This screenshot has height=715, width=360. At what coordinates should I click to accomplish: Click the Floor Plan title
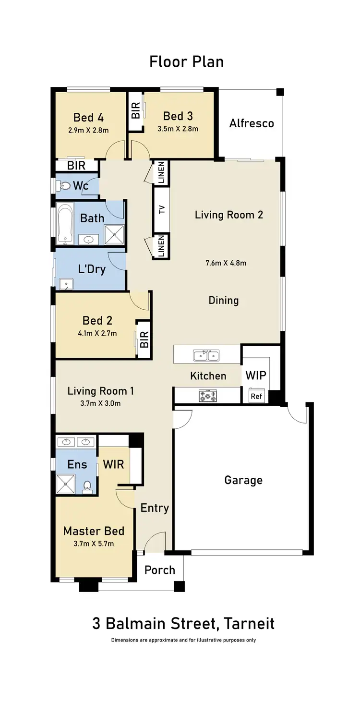186,62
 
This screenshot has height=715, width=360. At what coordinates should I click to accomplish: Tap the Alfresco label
252,123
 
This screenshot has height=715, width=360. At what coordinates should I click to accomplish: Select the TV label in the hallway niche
162,209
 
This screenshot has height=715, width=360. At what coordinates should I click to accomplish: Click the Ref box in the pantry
256,397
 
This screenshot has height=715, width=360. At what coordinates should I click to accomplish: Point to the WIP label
255,376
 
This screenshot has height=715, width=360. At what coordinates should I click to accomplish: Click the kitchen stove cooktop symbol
207,395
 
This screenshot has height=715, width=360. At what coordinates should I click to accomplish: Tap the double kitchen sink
206,356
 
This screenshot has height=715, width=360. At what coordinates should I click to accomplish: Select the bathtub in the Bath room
64,223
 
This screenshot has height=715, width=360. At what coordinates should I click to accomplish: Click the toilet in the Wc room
64,185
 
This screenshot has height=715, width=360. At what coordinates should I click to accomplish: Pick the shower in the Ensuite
65,484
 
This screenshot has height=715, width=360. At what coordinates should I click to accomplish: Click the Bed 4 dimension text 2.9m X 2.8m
88,130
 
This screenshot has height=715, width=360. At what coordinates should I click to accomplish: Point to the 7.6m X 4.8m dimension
226,263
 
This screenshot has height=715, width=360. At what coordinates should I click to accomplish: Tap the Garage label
243,480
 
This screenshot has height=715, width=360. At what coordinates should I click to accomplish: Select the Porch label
160,570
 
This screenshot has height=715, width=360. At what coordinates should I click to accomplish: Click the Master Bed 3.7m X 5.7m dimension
94,544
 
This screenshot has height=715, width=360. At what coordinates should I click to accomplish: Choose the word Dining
224,301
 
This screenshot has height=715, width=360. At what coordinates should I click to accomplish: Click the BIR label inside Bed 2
144,339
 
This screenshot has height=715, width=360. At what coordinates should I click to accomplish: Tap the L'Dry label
92,269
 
